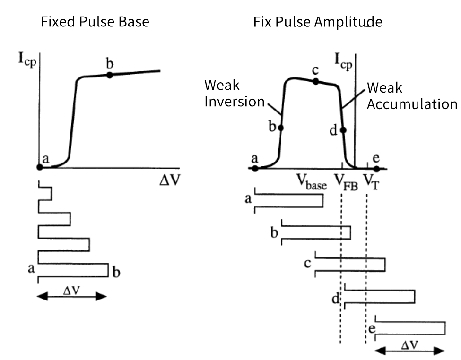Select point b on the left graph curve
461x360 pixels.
pyautogui.click(x=110, y=75)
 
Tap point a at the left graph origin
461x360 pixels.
pyautogui.click(x=40, y=167)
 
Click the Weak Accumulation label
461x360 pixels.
pyautogui.click(x=411, y=96)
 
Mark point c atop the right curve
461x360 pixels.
pyautogui.click(x=316, y=81)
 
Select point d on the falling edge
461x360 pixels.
pyautogui.click(x=343, y=130)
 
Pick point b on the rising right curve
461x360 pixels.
pyautogui.click(x=281, y=128)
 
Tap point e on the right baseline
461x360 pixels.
pyautogui.click(x=376, y=169)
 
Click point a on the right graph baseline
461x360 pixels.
pyautogui.click(x=255, y=169)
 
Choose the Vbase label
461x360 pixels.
pyautogui.click(x=311, y=182)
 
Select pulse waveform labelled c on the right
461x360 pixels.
pyautogui.click(x=350, y=265)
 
